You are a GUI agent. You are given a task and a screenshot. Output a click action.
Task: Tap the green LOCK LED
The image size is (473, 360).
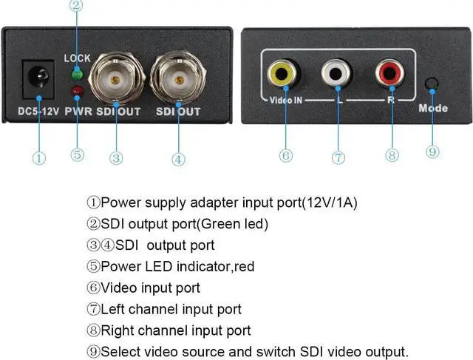pos(77,73)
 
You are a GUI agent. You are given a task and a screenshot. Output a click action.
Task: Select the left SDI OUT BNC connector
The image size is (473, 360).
pos(116,76)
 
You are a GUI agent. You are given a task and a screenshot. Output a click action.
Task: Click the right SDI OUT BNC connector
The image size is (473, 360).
pos(178,76)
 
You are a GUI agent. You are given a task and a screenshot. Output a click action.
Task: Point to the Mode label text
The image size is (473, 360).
pos(433,108)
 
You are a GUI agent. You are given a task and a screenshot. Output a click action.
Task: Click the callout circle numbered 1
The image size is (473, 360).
pos(39,157)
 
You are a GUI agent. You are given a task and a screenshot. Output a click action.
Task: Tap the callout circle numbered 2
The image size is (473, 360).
pos(76,7)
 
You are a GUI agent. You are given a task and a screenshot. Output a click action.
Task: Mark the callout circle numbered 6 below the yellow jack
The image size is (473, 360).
pos(285,155)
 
